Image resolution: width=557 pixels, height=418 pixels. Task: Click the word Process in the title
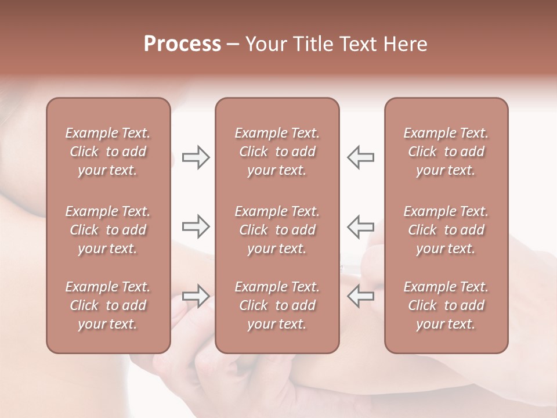182,44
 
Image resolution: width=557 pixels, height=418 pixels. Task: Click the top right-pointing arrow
196,157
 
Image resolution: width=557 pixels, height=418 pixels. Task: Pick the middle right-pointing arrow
196,226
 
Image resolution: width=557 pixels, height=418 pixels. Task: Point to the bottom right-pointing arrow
196,296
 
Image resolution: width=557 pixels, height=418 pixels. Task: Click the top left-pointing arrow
360,157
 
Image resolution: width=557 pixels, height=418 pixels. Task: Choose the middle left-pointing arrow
360,226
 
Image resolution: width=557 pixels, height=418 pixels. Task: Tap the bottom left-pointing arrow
360,296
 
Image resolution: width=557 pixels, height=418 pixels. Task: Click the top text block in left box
108,152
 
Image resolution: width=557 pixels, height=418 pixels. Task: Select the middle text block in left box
108,230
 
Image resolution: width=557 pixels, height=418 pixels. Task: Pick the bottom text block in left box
108,305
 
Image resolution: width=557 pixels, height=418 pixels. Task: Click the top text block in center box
277,152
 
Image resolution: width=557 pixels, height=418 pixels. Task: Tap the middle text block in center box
277,230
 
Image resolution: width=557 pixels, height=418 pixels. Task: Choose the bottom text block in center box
277,305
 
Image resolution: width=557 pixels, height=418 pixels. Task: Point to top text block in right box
446,152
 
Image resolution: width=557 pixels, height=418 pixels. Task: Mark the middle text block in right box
446,230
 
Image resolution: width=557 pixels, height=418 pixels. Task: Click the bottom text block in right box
446,305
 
